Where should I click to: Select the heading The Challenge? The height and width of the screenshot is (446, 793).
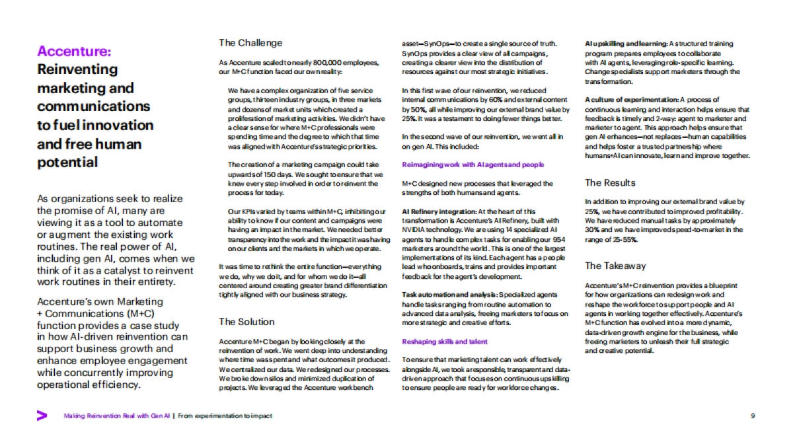[250, 43]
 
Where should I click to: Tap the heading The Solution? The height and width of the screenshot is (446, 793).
[246, 322]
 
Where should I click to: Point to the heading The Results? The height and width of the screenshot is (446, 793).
[610, 182]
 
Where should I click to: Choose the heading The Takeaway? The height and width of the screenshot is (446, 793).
[615, 266]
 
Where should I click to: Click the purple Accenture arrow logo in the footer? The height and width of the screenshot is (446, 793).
[42, 416]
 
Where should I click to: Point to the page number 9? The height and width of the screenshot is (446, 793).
[753, 416]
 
